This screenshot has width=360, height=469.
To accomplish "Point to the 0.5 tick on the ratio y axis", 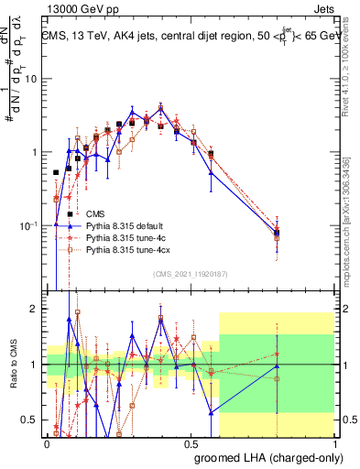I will (31, 420).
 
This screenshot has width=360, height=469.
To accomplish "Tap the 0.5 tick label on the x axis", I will (191, 442).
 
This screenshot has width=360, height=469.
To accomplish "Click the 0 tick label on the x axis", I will (47, 442).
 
